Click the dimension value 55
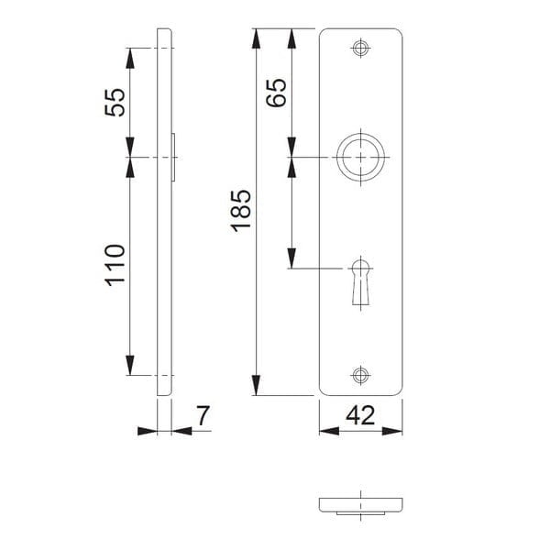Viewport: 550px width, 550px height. coord(115,101)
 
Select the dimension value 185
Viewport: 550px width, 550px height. coord(240,212)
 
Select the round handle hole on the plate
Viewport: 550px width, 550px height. coord(360,159)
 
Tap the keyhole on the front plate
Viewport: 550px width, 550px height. coord(360,282)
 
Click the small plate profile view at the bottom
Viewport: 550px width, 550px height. coord(361,504)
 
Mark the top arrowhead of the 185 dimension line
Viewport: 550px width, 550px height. coord(257,37)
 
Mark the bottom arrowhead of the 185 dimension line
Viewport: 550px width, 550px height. coord(257,387)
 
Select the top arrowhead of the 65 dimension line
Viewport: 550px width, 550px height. coord(291,37)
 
